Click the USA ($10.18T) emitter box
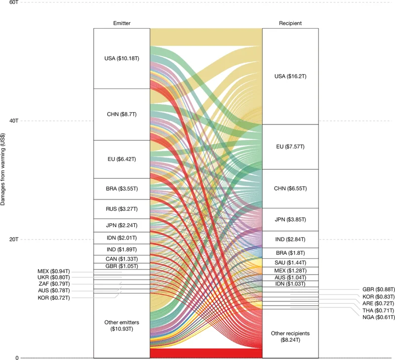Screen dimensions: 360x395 pyautogui.click(x=121, y=58)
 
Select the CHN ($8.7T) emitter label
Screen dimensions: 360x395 pyautogui.click(x=121, y=114)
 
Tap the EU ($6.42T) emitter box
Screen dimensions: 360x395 pyautogui.click(x=121, y=159)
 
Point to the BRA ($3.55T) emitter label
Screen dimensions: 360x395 pyautogui.click(x=121, y=189)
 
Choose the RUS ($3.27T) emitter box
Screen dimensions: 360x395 pyautogui.click(x=121, y=208)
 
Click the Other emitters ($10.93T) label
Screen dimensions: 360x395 pyautogui.click(x=121, y=325)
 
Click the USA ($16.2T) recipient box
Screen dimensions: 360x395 pyautogui.click(x=290, y=76)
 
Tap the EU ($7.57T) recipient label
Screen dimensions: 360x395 pyautogui.click(x=290, y=147)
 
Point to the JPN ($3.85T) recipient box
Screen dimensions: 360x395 pyautogui.click(x=290, y=219)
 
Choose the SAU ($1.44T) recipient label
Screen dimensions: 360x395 pyautogui.click(x=290, y=262)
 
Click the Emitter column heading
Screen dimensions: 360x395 pyautogui.click(x=121, y=23)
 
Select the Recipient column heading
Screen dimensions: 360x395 pyautogui.click(x=290, y=23)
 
